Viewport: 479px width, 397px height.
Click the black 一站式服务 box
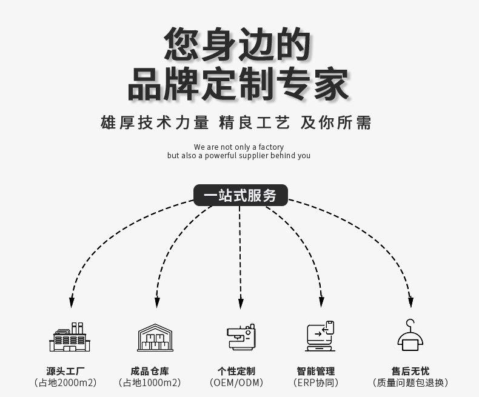coord(241,195)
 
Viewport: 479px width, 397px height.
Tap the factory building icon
coord(70,337)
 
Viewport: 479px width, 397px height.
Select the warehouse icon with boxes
coord(155,338)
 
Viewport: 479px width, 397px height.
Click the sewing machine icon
coord(241,337)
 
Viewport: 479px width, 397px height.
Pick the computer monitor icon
coord(320,336)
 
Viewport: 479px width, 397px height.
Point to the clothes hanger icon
coord(410,335)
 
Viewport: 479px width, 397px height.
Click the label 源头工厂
coord(65,371)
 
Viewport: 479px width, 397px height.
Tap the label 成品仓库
coord(150,371)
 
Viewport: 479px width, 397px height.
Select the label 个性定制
coord(236,371)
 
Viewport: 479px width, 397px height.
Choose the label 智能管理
coord(316,371)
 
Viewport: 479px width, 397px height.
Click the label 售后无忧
coord(410,371)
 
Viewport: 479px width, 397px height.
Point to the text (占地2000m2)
coord(65,382)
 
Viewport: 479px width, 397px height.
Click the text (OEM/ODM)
coord(236,382)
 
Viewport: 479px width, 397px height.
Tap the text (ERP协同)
coord(316,382)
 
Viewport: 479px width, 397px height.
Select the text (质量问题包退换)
coord(410,382)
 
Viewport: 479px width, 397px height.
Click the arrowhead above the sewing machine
coord(241,302)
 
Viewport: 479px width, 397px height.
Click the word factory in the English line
coord(271,147)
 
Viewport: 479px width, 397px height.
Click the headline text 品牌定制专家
coord(238,84)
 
